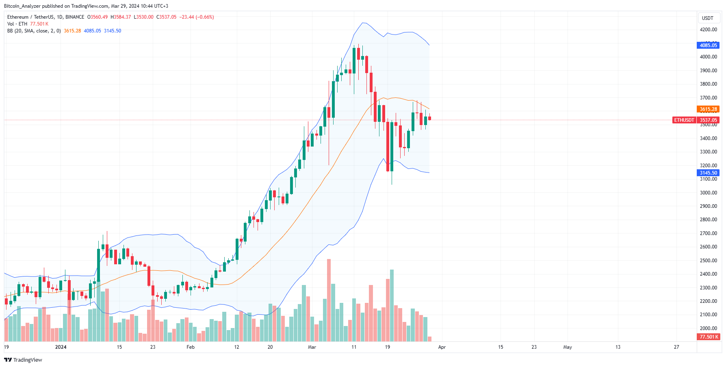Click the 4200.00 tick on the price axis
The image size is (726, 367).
[708, 30]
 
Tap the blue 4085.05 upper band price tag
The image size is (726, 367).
[708, 45]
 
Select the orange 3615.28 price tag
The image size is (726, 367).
[708, 109]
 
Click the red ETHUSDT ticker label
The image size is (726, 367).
[684, 120]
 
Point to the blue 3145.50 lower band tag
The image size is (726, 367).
[708, 173]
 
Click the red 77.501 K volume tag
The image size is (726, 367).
[709, 337]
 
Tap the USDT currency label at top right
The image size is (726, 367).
[707, 18]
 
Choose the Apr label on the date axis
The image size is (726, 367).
[442, 347]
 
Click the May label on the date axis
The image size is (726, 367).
[568, 347]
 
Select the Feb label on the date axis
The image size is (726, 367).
[191, 347]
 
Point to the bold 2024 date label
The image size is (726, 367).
[61, 347]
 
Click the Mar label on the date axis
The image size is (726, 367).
[312, 347]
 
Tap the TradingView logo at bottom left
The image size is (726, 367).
[23, 360]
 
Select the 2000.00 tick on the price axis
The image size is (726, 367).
[708, 328]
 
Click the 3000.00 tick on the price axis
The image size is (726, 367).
[708, 193]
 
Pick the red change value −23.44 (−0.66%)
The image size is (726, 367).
[197, 17]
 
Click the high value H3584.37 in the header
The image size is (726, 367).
[121, 17]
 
